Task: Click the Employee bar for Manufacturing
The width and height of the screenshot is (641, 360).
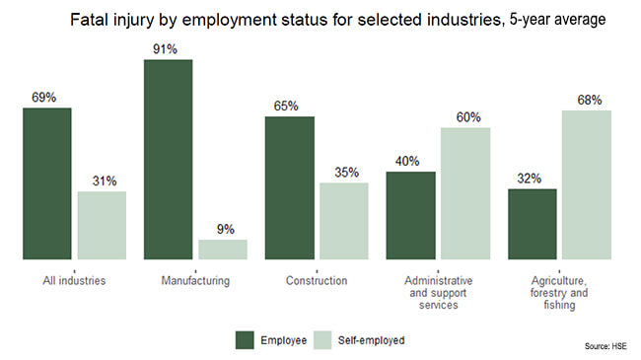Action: point(168,160)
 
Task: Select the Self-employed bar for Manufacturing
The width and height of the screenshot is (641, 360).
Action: point(223,250)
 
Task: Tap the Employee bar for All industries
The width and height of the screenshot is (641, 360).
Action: point(47,183)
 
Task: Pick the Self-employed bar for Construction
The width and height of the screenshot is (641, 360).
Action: point(344,221)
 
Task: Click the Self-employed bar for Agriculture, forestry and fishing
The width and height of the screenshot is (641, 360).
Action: point(587,184)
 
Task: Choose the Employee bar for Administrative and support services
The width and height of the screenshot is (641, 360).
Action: point(411,216)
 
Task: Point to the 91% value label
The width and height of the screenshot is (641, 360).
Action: point(165,49)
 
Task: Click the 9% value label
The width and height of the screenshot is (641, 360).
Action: point(226,229)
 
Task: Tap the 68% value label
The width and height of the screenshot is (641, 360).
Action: point(590,100)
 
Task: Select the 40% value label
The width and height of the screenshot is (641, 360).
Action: point(407,161)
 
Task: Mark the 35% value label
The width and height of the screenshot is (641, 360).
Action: point(347,173)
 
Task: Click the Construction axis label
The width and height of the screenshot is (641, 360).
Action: point(317,281)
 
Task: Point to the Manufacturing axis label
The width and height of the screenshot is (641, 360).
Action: point(195,281)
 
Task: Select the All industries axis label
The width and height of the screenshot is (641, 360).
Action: point(74,281)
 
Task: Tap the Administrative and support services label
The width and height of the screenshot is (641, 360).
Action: point(438,293)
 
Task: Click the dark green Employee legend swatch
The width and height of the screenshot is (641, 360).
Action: point(245,340)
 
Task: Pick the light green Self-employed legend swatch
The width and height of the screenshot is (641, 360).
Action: point(322,340)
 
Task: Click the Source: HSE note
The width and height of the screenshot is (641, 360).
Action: point(605,346)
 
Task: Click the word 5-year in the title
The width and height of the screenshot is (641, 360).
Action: point(530,20)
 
